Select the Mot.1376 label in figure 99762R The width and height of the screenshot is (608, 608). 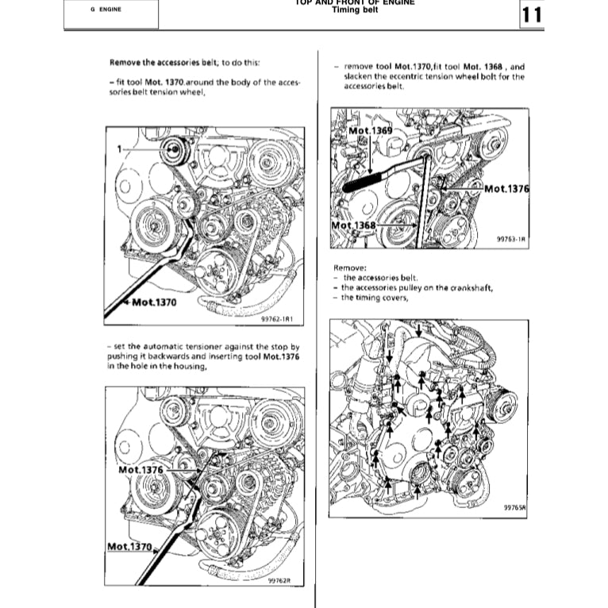point(140,470)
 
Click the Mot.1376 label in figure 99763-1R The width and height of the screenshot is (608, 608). point(506,188)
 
